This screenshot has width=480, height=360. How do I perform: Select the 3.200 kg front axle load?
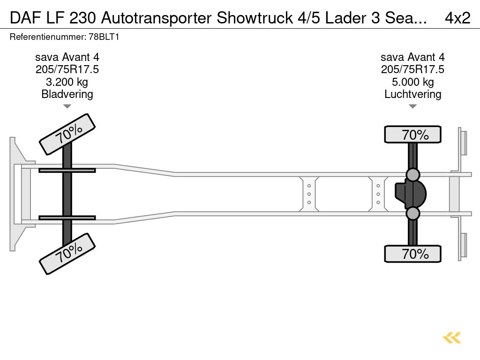67,82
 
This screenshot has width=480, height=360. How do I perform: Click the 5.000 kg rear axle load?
412,82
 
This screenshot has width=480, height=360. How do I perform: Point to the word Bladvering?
67,94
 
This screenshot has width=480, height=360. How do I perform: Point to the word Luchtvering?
412,94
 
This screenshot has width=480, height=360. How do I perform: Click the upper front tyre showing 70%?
67,134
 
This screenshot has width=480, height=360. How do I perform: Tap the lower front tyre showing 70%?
67,253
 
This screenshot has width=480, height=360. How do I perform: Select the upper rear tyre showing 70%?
412,135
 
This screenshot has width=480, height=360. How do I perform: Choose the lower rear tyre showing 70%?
412,254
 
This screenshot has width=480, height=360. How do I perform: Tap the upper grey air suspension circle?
412,175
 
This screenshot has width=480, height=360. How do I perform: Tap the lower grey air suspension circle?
412,214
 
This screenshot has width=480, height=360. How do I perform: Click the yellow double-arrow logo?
452,337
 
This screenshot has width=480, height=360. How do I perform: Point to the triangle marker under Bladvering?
67,106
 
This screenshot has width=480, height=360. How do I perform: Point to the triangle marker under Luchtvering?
412,106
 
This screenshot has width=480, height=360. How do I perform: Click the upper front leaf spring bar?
67,170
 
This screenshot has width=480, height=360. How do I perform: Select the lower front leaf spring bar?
67,217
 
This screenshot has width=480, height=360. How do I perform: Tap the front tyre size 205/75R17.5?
67,70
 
